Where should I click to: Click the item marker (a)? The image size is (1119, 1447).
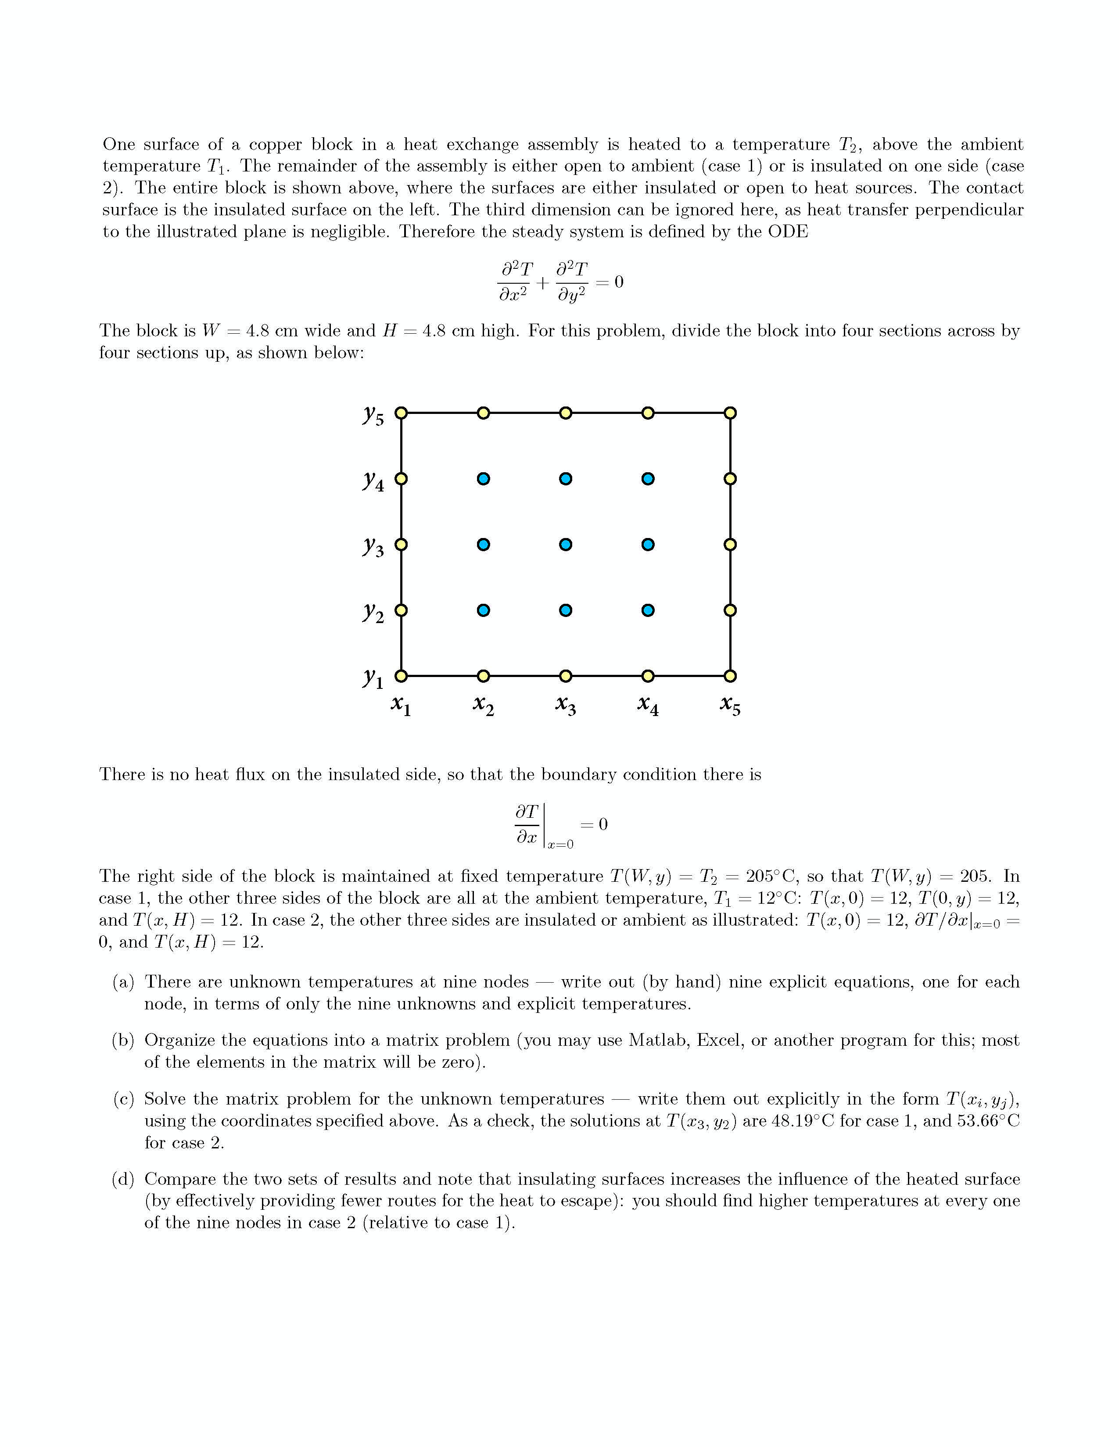pos(123,982)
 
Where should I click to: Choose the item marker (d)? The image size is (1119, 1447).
pos(123,1180)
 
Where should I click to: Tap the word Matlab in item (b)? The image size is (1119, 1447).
pos(659,1040)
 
